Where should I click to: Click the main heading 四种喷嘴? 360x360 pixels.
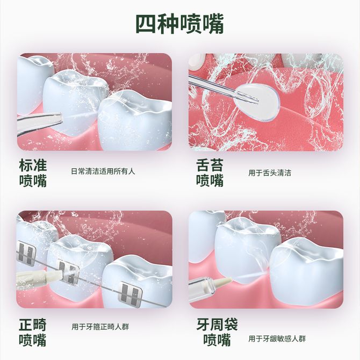180,24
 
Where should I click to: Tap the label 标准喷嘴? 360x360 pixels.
33,173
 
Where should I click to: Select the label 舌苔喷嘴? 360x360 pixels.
210,173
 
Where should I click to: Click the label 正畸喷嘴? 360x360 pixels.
33,332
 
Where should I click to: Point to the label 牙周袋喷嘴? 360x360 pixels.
217,332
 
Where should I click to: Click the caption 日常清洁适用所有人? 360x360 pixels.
103,171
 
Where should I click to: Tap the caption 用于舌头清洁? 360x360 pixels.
270,173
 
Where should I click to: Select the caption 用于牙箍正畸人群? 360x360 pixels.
100,327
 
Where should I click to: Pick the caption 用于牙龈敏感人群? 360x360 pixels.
277,339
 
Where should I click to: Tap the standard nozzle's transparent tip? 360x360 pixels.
55,119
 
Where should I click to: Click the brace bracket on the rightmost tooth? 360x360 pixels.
129,294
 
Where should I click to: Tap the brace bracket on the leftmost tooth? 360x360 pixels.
26,253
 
